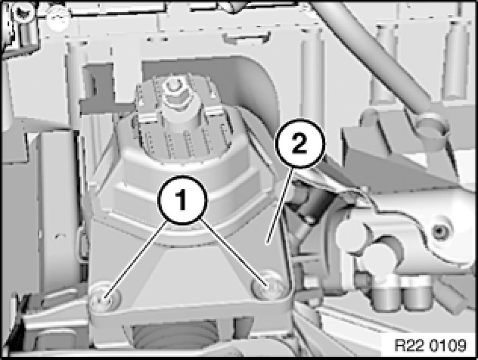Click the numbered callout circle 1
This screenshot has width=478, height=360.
182,200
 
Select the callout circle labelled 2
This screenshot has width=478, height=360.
300,143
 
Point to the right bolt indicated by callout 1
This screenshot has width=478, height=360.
267,285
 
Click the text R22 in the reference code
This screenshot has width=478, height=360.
410,345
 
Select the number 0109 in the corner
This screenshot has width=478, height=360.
449,345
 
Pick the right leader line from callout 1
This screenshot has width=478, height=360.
233,253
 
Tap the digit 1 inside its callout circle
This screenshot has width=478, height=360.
182,200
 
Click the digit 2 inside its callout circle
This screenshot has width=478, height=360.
300,143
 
